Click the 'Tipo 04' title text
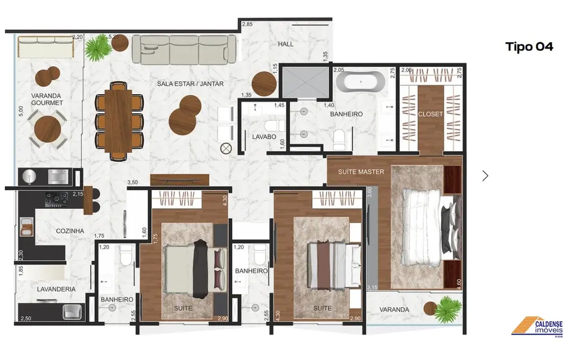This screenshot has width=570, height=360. [529, 47]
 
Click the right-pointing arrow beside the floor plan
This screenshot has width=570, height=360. [485, 176]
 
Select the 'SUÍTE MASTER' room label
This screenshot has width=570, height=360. [361, 172]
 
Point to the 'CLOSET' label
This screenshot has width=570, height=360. [430, 114]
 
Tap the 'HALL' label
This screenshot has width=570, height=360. [286, 44]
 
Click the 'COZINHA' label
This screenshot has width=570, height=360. [70, 231]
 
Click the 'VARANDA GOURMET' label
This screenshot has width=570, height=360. [47, 99]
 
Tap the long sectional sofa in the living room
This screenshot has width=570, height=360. [184, 50]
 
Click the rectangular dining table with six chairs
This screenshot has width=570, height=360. [119, 120]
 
